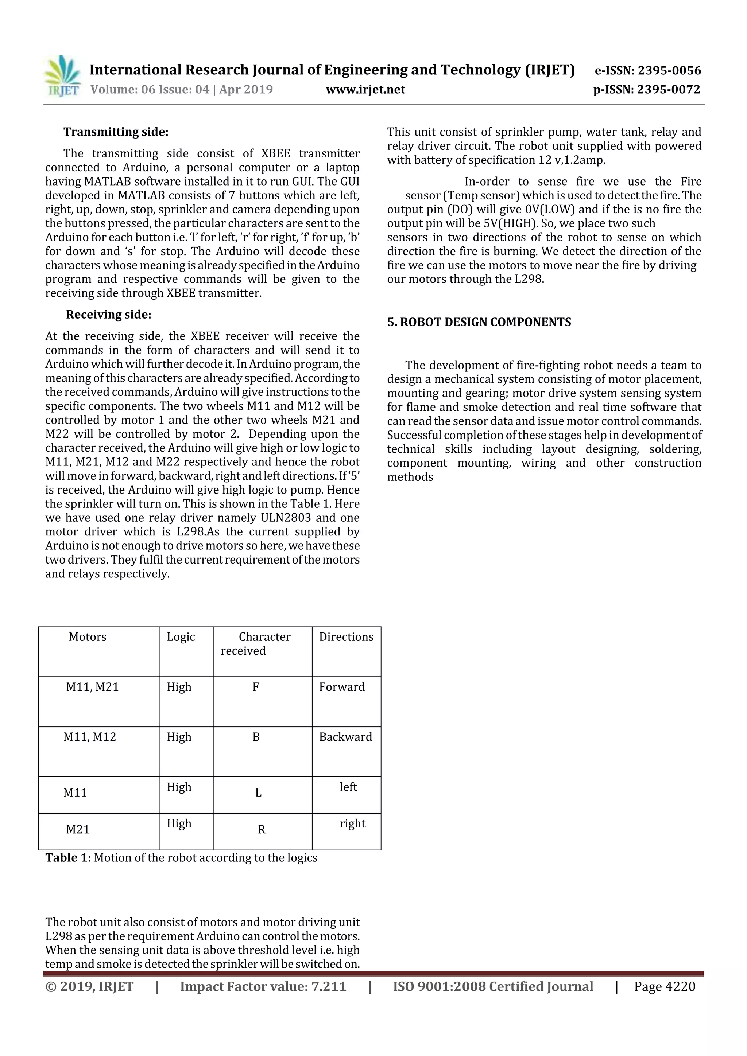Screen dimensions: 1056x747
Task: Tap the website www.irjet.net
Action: pyautogui.click(x=365, y=90)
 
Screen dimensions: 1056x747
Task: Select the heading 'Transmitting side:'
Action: pyautogui.click(x=116, y=132)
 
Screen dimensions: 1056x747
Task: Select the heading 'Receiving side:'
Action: pyautogui.click(x=109, y=315)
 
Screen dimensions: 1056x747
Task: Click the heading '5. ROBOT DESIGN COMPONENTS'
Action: pyautogui.click(x=479, y=322)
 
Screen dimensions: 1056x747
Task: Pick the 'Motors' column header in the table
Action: pyautogui.click(x=88, y=637)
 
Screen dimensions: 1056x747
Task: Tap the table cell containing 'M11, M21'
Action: pyautogui.click(x=93, y=687)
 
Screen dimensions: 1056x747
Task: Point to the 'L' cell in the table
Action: pyautogui.click(x=258, y=793)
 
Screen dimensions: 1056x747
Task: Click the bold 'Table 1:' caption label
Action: pyautogui.click(x=68, y=858)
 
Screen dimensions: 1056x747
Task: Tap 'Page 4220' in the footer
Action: pyautogui.click(x=664, y=986)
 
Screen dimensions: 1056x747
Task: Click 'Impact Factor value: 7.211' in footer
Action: pyautogui.click(x=263, y=986)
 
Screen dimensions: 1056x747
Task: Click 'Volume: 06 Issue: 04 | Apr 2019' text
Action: pyautogui.click(x=182, y=90)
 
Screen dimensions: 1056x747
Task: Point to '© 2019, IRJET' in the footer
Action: pyautogui.click(x=89, y=986)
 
